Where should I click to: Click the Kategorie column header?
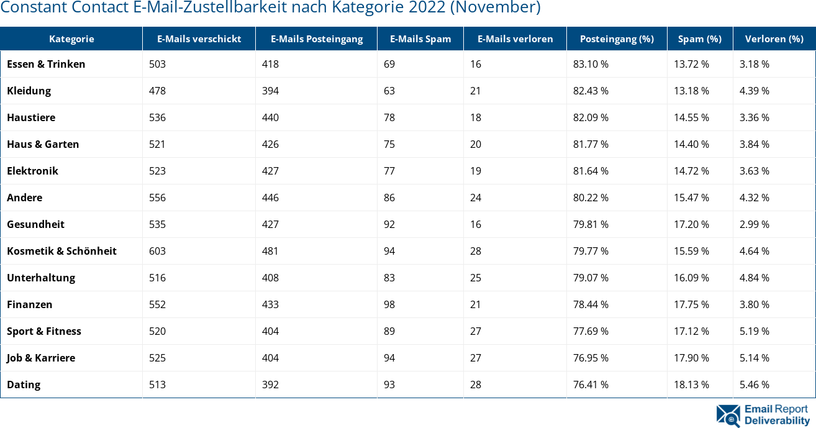[71, 39]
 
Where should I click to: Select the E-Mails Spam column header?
[420, 39]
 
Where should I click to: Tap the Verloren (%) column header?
[774, 39]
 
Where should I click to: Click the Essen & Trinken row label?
[46, 64]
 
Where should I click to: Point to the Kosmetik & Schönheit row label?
[61, 251]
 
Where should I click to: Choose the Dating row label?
[24, 385]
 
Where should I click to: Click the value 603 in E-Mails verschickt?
[158, 251]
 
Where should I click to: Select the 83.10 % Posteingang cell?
[591, 64]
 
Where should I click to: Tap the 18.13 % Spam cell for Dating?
[691, 385]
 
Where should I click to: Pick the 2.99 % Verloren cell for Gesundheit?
[754, 224]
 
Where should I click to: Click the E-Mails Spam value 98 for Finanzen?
[389, 304]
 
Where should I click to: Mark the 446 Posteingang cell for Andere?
[270, 198]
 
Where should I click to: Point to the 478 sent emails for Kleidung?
[158, 91]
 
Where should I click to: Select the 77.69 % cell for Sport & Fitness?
[591, 331]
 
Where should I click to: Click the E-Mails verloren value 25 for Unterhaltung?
[476, 278]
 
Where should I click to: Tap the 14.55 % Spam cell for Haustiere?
[691, 117]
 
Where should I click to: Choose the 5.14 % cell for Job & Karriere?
[754, 358]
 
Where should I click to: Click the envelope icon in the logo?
[728, 416]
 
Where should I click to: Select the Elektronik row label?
[32, 171]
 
